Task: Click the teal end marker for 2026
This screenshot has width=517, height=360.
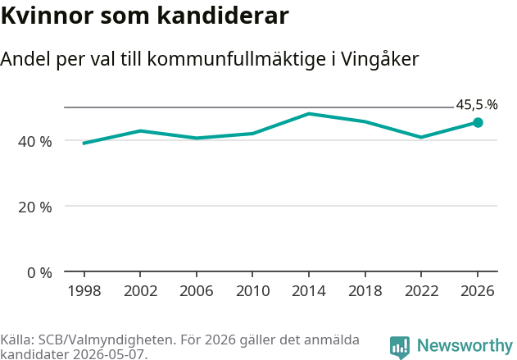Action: click(x=478, y=123)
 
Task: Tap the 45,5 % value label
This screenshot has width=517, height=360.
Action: click(x=477, y=105)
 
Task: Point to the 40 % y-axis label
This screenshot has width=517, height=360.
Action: click(x=35, y=142)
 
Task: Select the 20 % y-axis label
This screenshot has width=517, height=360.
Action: click(x=35, y=207)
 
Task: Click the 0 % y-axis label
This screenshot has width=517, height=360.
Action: click(x=39, y=273)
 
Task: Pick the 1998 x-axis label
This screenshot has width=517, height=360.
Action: click(x=84, y=291)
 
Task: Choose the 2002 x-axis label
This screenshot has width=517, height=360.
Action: click(x=140, y=291)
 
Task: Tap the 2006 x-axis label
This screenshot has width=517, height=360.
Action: click(x=197, y=291)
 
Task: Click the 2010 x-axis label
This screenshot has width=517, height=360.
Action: click(x=253, y=291)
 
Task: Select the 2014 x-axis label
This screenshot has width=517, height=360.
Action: click(x=309, y=291)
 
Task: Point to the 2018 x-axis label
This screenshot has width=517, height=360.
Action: click(x=365, y=291)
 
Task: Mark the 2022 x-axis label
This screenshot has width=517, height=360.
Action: click(x=421, y=291)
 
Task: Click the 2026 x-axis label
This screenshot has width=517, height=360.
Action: click(x=478, y=291)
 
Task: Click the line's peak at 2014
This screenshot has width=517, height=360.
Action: click(x=309, y=114)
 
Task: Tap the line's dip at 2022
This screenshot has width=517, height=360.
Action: click(x=421, y=137)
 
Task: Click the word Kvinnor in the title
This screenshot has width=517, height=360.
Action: click(x=48, y=16)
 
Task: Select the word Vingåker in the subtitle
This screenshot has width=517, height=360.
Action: click(x=379, y=59)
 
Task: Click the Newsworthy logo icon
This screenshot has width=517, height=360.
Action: click(x=400, y=348)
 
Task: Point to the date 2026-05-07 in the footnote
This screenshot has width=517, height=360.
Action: click(x=108, y=354)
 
